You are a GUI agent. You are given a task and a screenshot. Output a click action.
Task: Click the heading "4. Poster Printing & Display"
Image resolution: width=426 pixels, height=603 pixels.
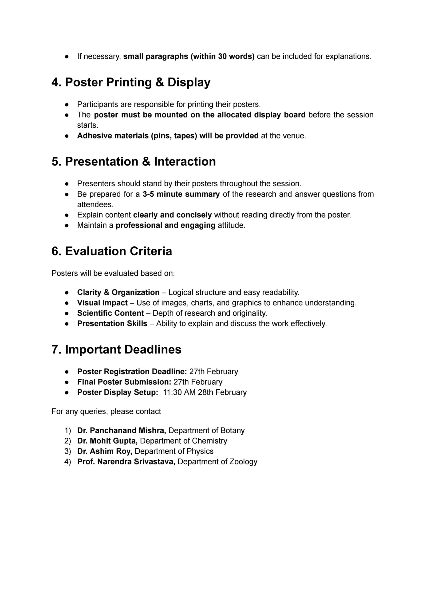point(131,82)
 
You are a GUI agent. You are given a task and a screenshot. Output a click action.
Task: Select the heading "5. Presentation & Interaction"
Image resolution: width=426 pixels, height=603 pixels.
point(134,162)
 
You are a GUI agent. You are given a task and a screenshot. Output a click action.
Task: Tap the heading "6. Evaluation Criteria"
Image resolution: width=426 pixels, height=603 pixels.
point(112,251)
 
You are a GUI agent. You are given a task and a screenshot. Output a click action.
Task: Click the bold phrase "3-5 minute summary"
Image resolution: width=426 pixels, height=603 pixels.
point(181,194)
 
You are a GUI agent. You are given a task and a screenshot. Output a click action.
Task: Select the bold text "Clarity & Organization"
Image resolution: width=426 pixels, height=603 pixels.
point(118,293)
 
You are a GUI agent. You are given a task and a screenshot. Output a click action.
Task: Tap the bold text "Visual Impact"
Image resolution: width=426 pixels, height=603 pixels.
point(102,303)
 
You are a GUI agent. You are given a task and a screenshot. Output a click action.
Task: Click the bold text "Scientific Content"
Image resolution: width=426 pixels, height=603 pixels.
point(110,313)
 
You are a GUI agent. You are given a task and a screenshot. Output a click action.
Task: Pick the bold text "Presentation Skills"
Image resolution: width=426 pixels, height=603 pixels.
point(112,324)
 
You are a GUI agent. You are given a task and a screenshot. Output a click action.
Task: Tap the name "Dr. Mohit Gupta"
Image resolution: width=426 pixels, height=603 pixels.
point(107,441)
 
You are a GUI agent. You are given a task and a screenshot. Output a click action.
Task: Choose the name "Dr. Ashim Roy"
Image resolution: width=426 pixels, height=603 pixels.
point(105,451)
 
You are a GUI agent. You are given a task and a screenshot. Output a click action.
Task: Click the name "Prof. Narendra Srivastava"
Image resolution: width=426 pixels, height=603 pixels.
point(126,462)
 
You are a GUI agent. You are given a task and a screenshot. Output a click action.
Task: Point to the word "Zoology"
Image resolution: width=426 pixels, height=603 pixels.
point(243,462)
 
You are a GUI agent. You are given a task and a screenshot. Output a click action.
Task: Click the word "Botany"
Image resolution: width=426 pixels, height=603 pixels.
point(233,430)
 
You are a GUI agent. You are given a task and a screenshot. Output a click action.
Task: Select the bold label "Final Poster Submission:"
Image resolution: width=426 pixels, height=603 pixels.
point(124,382)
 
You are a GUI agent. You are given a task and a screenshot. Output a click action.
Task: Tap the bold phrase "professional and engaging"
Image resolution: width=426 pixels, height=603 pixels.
point(166,225)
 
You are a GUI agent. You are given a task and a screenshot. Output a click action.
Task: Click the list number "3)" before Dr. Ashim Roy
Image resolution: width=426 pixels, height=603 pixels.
point(68,451)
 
